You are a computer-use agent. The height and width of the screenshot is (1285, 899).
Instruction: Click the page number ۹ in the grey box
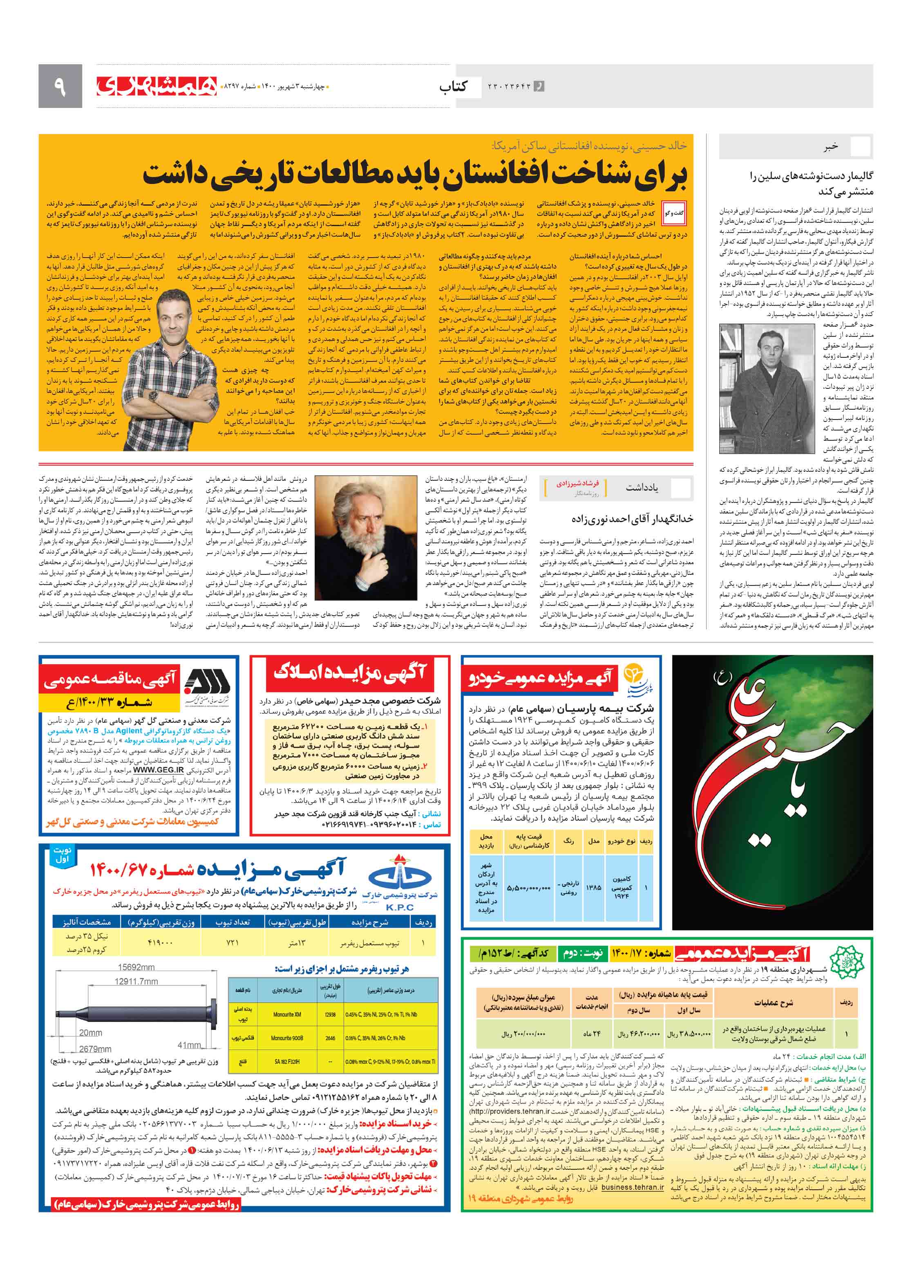point(60,86)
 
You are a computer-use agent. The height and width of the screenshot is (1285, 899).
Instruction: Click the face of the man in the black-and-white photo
point(766,345)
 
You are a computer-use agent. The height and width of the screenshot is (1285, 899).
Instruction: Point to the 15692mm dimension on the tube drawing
point(136,967)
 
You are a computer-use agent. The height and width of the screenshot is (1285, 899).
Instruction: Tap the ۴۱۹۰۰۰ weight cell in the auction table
point(160,942)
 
